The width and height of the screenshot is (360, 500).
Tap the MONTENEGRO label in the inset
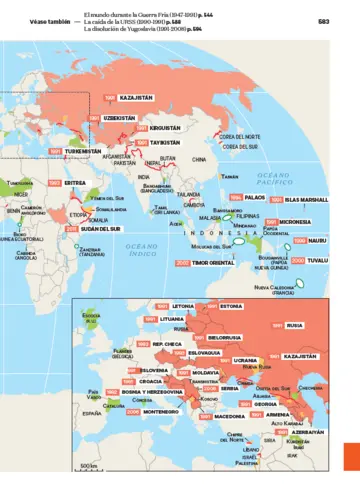(160, 411)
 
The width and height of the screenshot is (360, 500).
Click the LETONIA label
(183, 304)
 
